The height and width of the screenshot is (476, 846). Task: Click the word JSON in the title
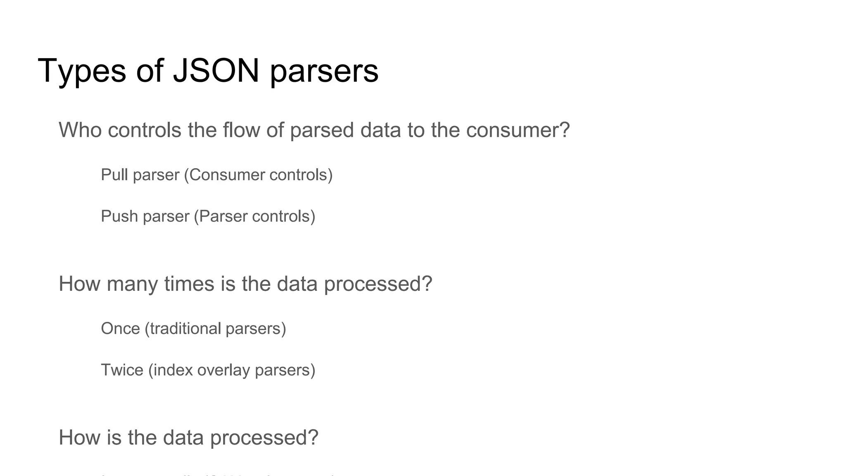216,70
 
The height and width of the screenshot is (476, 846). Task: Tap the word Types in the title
81,70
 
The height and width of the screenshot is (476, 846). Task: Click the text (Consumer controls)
258,175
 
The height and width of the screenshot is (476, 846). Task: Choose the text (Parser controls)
254,216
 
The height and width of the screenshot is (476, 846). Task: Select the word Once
120,328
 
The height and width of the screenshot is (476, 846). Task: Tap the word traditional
185,328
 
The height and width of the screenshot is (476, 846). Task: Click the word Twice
122,370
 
